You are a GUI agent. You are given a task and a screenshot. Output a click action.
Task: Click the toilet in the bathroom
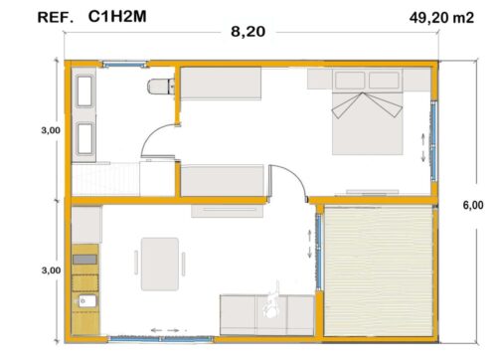(160, 87)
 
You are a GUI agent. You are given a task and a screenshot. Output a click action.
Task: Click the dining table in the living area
(160, 260)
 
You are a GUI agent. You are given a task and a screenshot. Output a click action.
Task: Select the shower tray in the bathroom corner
(105, 180)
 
